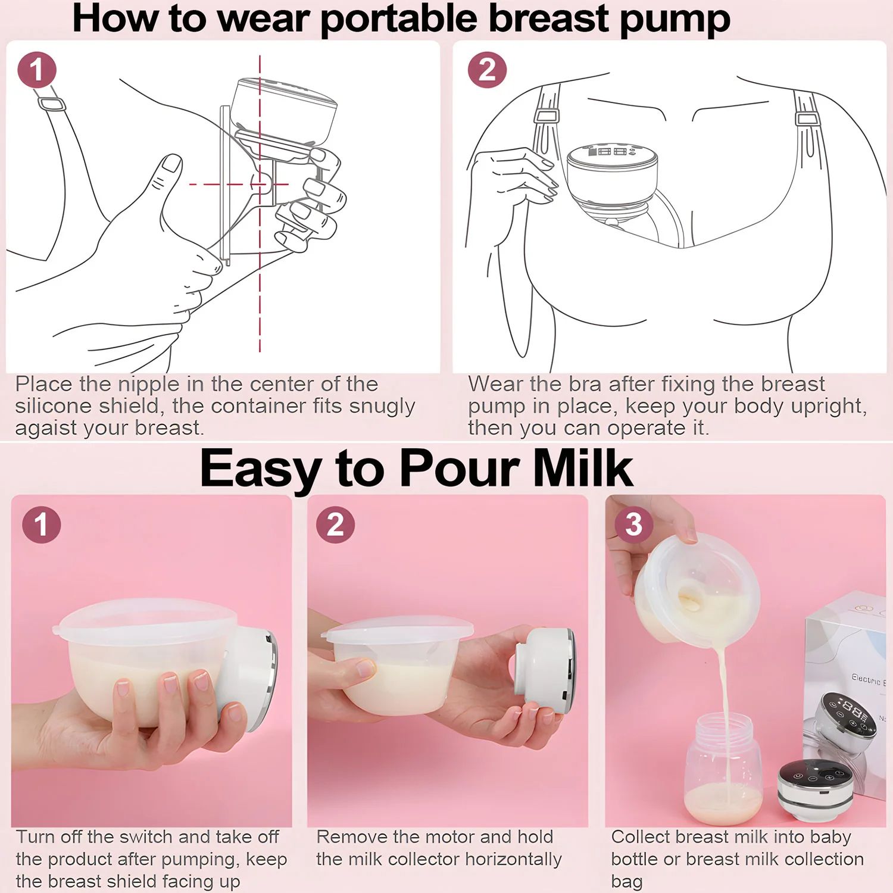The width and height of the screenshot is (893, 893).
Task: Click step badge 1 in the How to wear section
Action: [37, 70]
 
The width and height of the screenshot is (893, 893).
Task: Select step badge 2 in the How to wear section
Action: [487, 70]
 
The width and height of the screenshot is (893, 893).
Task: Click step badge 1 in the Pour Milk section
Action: [41, 524]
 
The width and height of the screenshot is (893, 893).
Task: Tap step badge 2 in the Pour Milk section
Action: [335, 524]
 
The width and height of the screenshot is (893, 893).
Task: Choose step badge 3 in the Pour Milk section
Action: [633, 524]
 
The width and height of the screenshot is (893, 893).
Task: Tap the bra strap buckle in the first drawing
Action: [52, 104]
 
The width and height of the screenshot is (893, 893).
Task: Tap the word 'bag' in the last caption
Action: [626, 881]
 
